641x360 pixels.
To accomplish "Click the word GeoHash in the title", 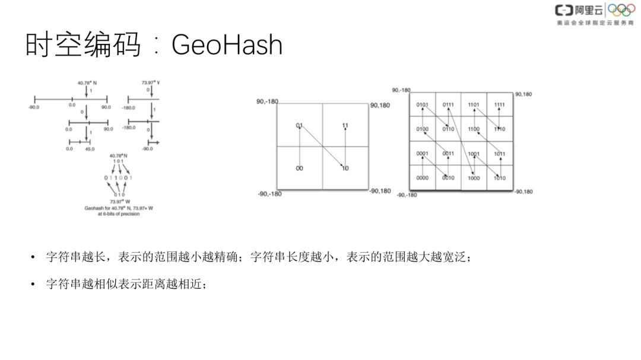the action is coord(227,46).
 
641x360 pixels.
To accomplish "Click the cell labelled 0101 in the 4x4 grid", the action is coord(422,105).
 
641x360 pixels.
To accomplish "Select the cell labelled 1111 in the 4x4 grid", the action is coord(500,105).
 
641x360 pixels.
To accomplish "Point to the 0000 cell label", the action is coord(422,178).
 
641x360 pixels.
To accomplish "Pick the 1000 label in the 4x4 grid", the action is coord(474,178).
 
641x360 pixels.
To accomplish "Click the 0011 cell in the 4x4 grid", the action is coord(448,154).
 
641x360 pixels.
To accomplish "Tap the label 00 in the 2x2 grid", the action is coord(300,168).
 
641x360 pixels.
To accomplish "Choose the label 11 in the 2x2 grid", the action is coord(345,126).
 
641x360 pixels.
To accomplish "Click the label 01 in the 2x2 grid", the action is coord(300,126).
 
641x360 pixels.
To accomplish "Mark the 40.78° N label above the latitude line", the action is coord(87,83).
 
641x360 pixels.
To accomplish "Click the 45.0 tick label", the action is coord(89,149).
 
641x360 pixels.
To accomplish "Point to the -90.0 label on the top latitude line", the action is coord(33,107).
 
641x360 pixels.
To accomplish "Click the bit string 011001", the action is coord(118,178).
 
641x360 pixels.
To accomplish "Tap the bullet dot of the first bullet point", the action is coord(33,257).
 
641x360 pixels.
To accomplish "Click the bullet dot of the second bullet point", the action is coord(33,284).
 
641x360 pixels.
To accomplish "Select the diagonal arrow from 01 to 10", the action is coord(322,147).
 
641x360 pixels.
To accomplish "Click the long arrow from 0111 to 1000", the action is coord(461,141).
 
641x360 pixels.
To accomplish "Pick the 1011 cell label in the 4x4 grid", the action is coord(500,154).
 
